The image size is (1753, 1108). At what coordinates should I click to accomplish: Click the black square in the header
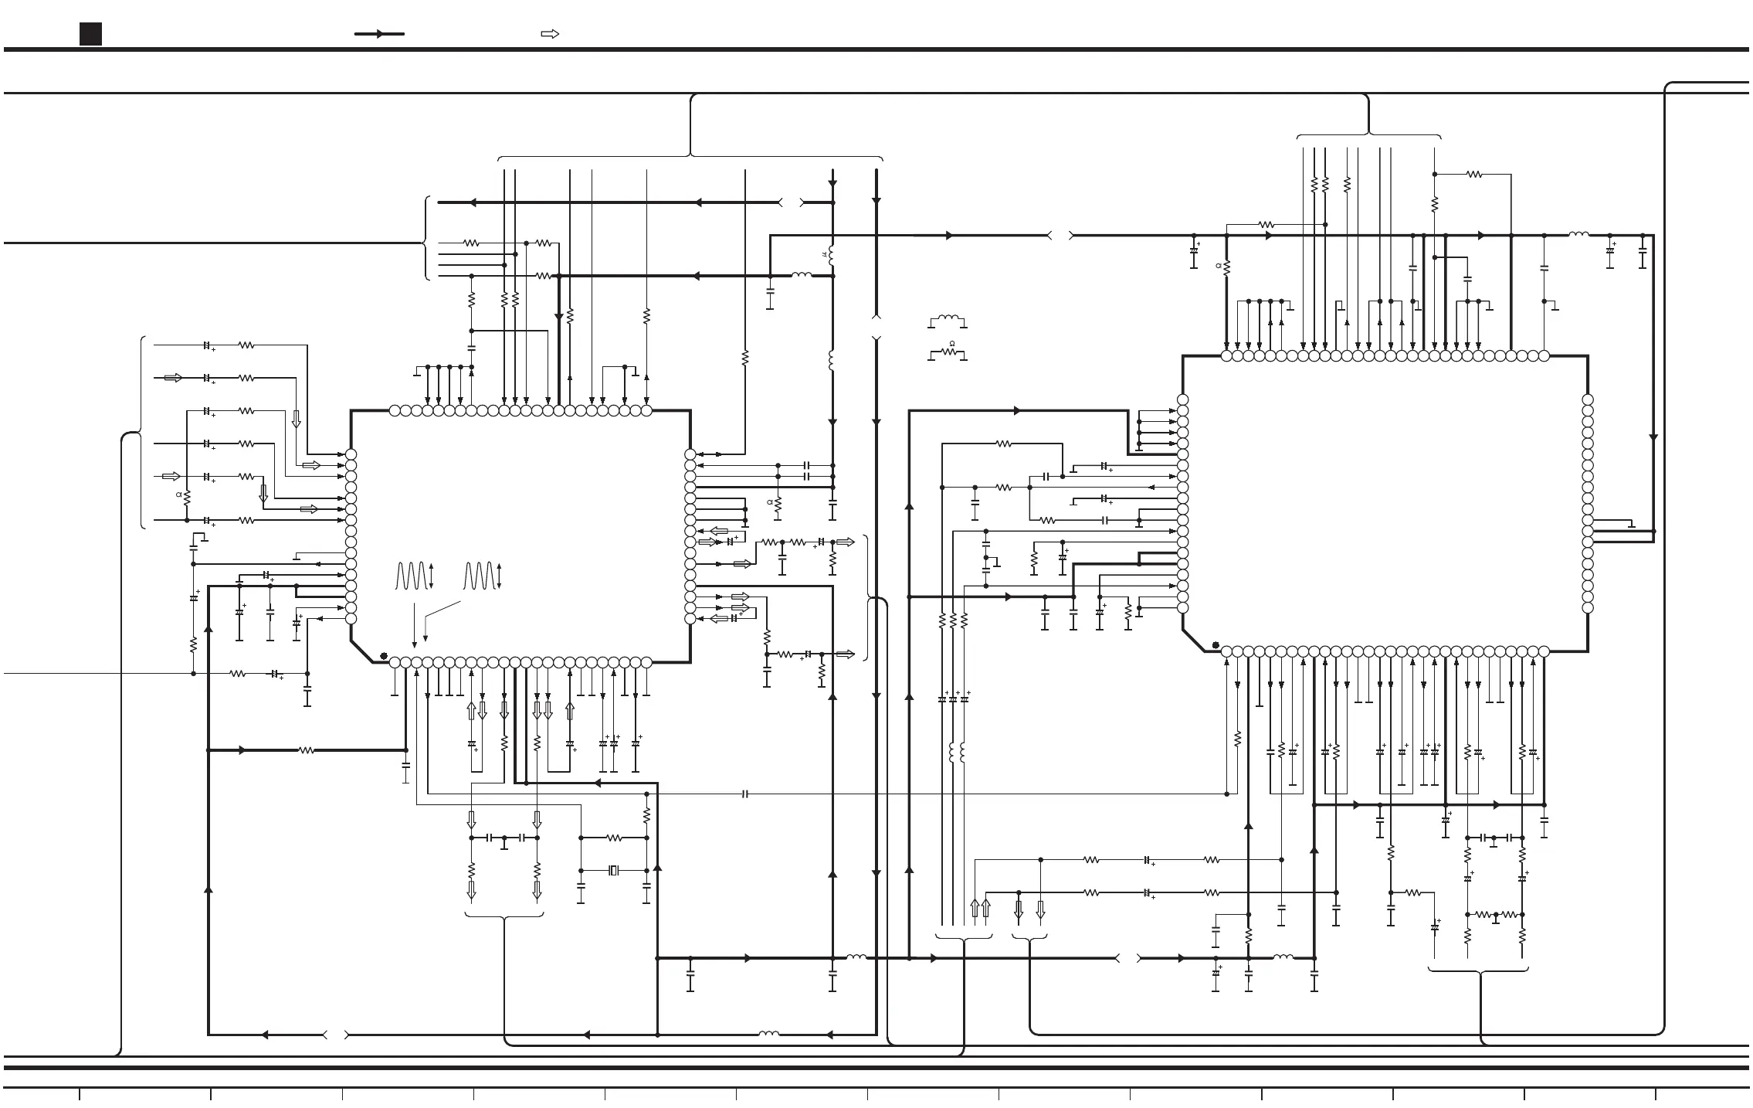pos(90,34)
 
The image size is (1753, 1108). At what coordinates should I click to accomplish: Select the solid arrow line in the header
pos(379,34)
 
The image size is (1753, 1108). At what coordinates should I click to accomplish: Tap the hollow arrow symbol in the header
pos(550,34)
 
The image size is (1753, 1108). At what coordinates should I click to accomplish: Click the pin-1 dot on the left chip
pos(383,656)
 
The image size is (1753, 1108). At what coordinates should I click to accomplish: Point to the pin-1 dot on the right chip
pos(1216,645)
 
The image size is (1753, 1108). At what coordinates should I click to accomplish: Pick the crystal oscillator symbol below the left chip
pos(614,871)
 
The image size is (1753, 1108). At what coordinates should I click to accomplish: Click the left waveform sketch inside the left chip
pos(411,576)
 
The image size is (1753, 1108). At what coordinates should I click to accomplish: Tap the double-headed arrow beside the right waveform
pos(500,576)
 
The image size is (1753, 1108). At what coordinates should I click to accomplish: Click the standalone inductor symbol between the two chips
pos(948,320)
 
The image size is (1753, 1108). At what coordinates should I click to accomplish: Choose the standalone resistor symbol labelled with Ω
pos(948,353)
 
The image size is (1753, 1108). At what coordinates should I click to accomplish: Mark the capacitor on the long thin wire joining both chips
pos(745,794)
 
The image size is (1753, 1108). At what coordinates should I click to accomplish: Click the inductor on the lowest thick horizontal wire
pos(768,1034)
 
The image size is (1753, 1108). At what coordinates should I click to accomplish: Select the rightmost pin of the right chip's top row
pos(1544,356)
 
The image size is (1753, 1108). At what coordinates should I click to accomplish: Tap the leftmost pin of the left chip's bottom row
pos(395,662)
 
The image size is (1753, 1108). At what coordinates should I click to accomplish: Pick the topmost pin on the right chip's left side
pos(1182,399)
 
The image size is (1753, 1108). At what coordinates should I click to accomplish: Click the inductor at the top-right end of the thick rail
pos(1578,235)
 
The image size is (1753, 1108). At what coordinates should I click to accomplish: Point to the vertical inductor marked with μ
pos(832,256)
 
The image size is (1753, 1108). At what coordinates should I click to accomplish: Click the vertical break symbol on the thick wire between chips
pos(876,328)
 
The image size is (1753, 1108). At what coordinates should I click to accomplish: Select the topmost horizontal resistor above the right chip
pos(1474,175)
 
